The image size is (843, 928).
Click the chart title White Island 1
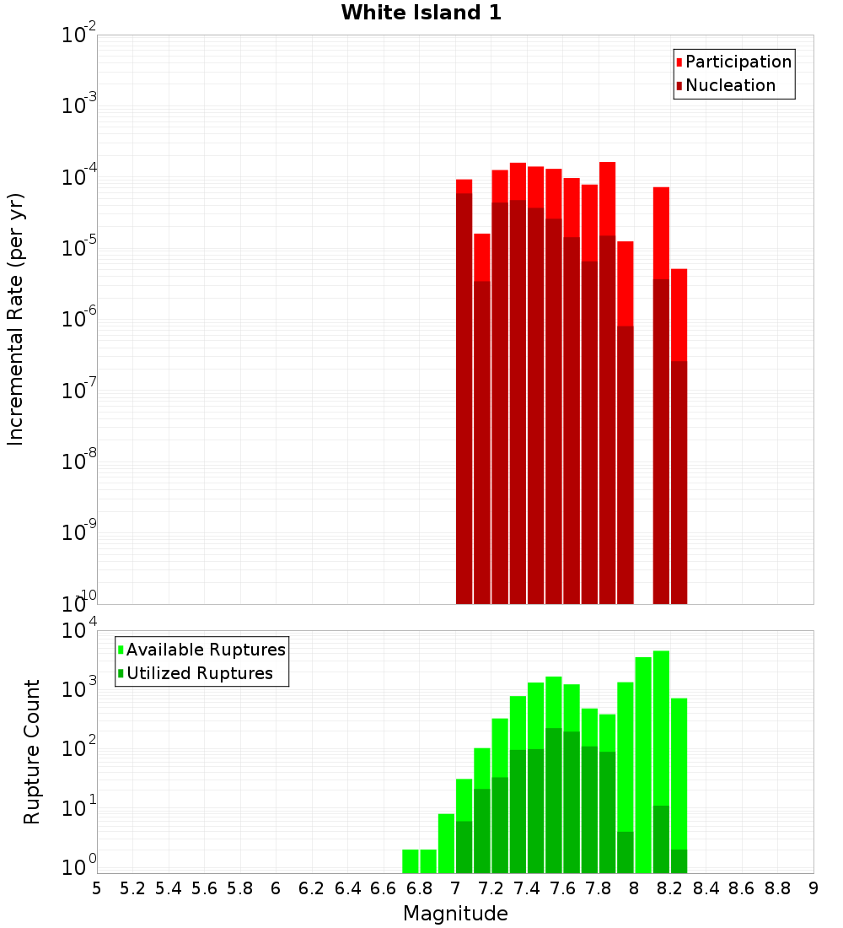421,13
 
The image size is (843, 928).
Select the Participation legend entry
738,62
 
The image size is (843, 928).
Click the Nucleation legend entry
729,85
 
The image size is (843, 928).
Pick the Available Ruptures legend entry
205,650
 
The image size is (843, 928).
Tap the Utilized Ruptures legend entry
199,673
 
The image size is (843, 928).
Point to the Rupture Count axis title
32,751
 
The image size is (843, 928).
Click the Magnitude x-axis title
455,914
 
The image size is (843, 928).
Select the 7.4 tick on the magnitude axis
527,888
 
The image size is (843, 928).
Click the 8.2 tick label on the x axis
670,888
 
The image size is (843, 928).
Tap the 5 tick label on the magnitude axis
97,888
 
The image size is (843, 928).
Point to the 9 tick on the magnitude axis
813,888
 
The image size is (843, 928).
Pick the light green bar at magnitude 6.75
411,861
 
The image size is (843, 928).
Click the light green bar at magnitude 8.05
643,759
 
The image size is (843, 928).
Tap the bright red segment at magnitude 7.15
482,256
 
